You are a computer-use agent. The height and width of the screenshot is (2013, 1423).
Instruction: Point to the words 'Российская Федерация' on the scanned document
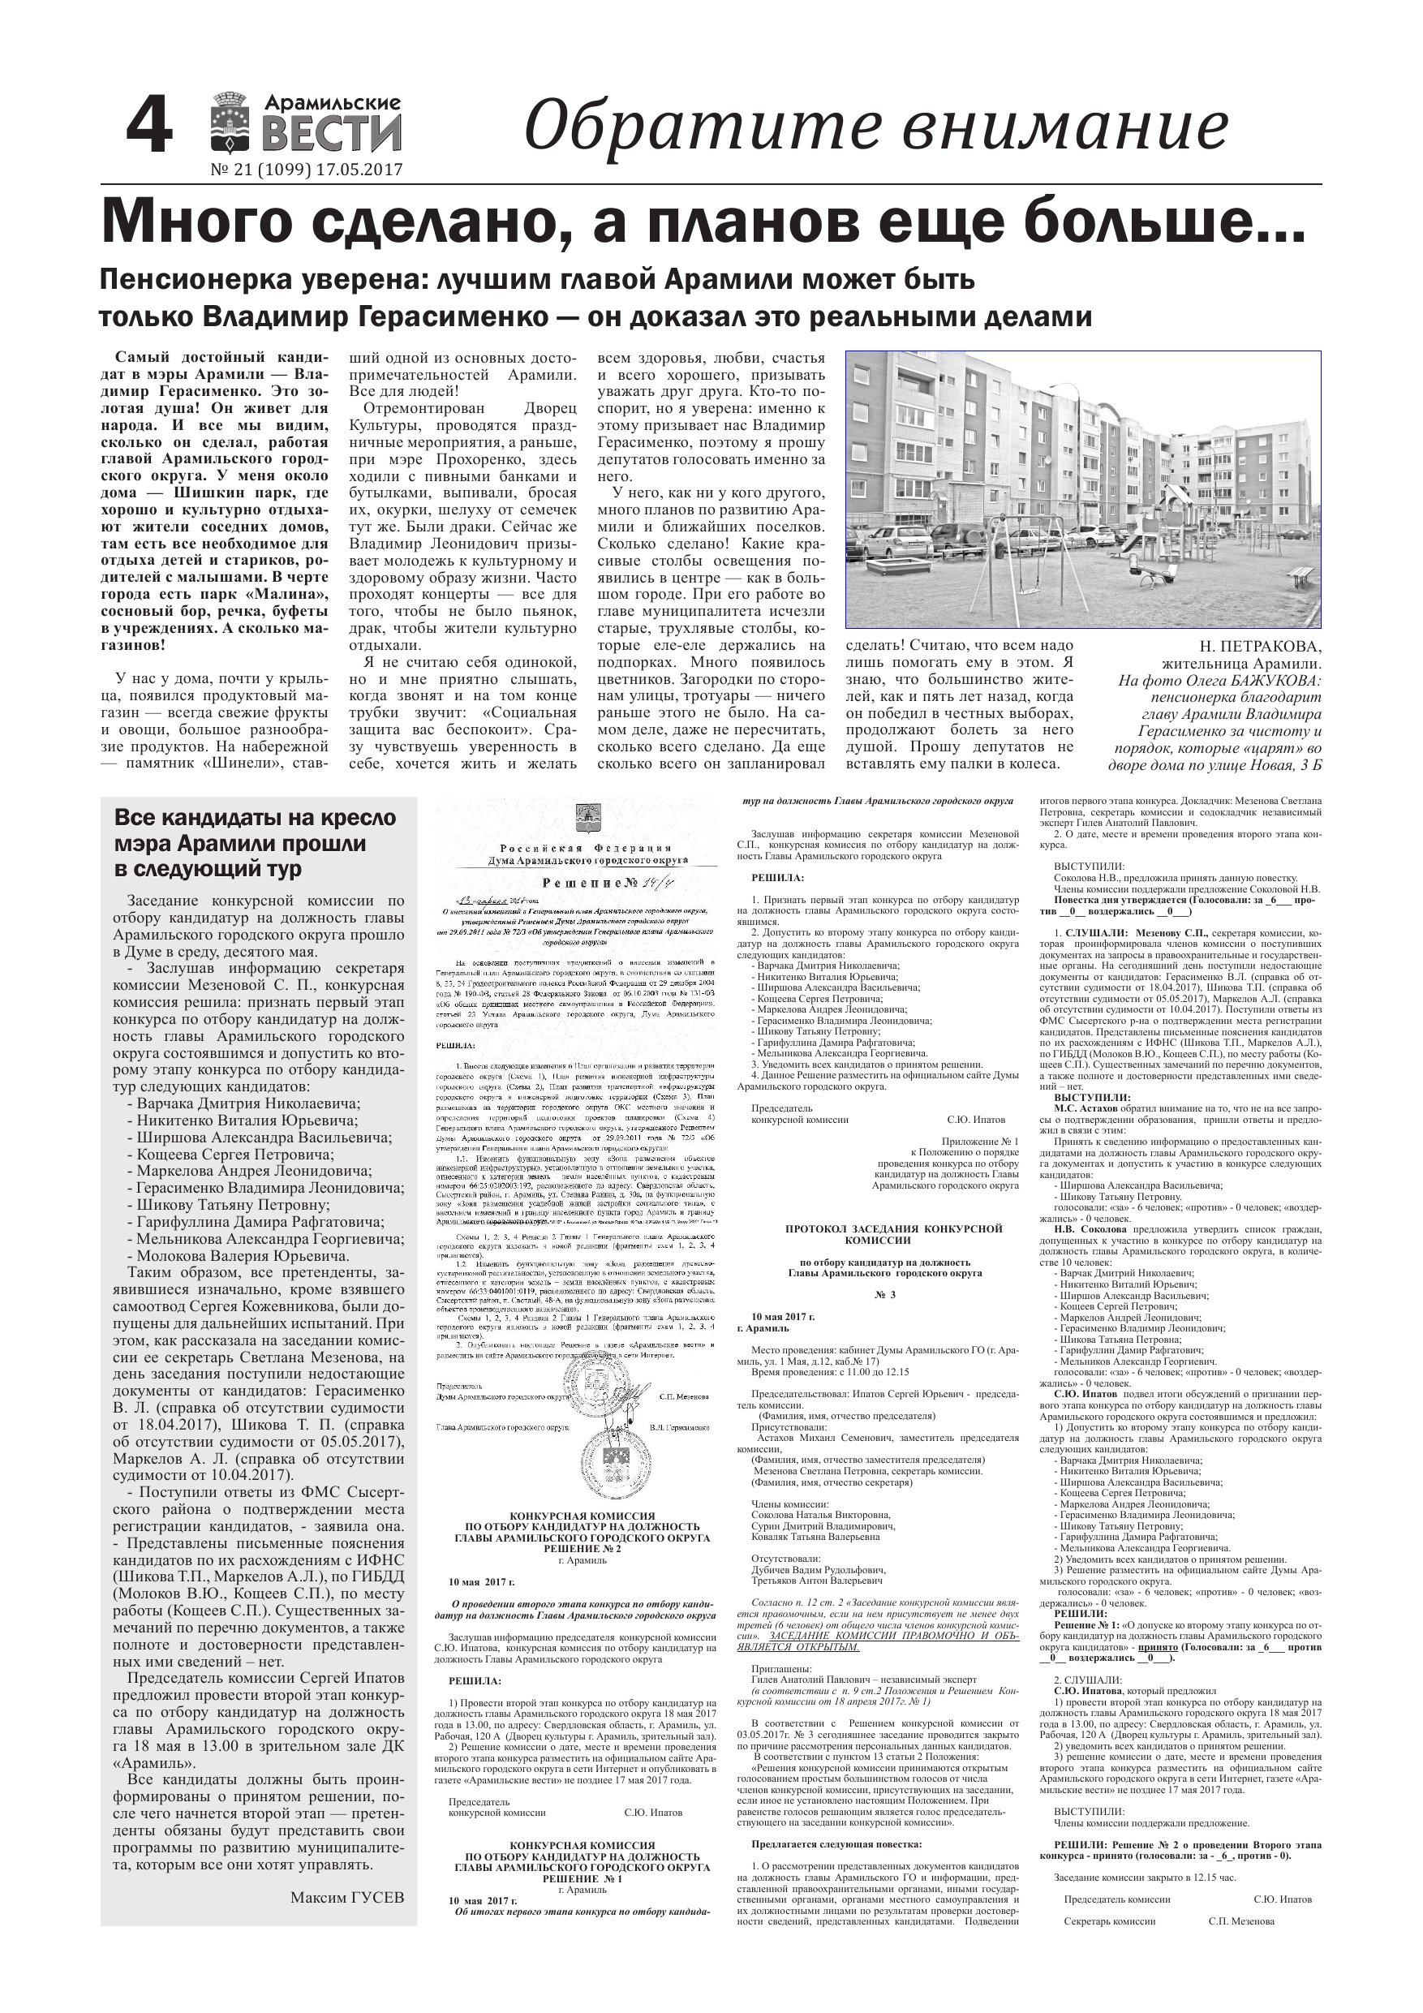coord(585,848)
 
